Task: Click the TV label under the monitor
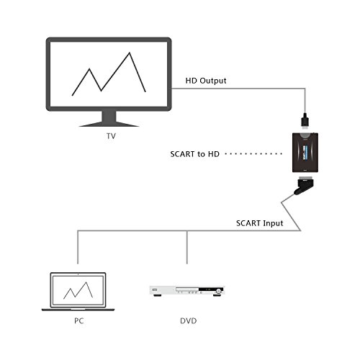111,136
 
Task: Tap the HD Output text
206,81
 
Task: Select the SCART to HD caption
195,154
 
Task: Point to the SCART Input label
260,223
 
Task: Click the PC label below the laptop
79,321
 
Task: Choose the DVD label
189,321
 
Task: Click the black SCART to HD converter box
305,153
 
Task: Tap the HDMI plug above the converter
305,122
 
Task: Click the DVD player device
187,291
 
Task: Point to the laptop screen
78,290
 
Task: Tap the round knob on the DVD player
218,292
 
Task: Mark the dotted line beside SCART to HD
253,154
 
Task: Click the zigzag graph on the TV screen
109,74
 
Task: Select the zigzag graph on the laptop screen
78,290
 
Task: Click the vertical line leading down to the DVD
187,247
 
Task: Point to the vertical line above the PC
78,247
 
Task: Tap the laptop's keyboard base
78,310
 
